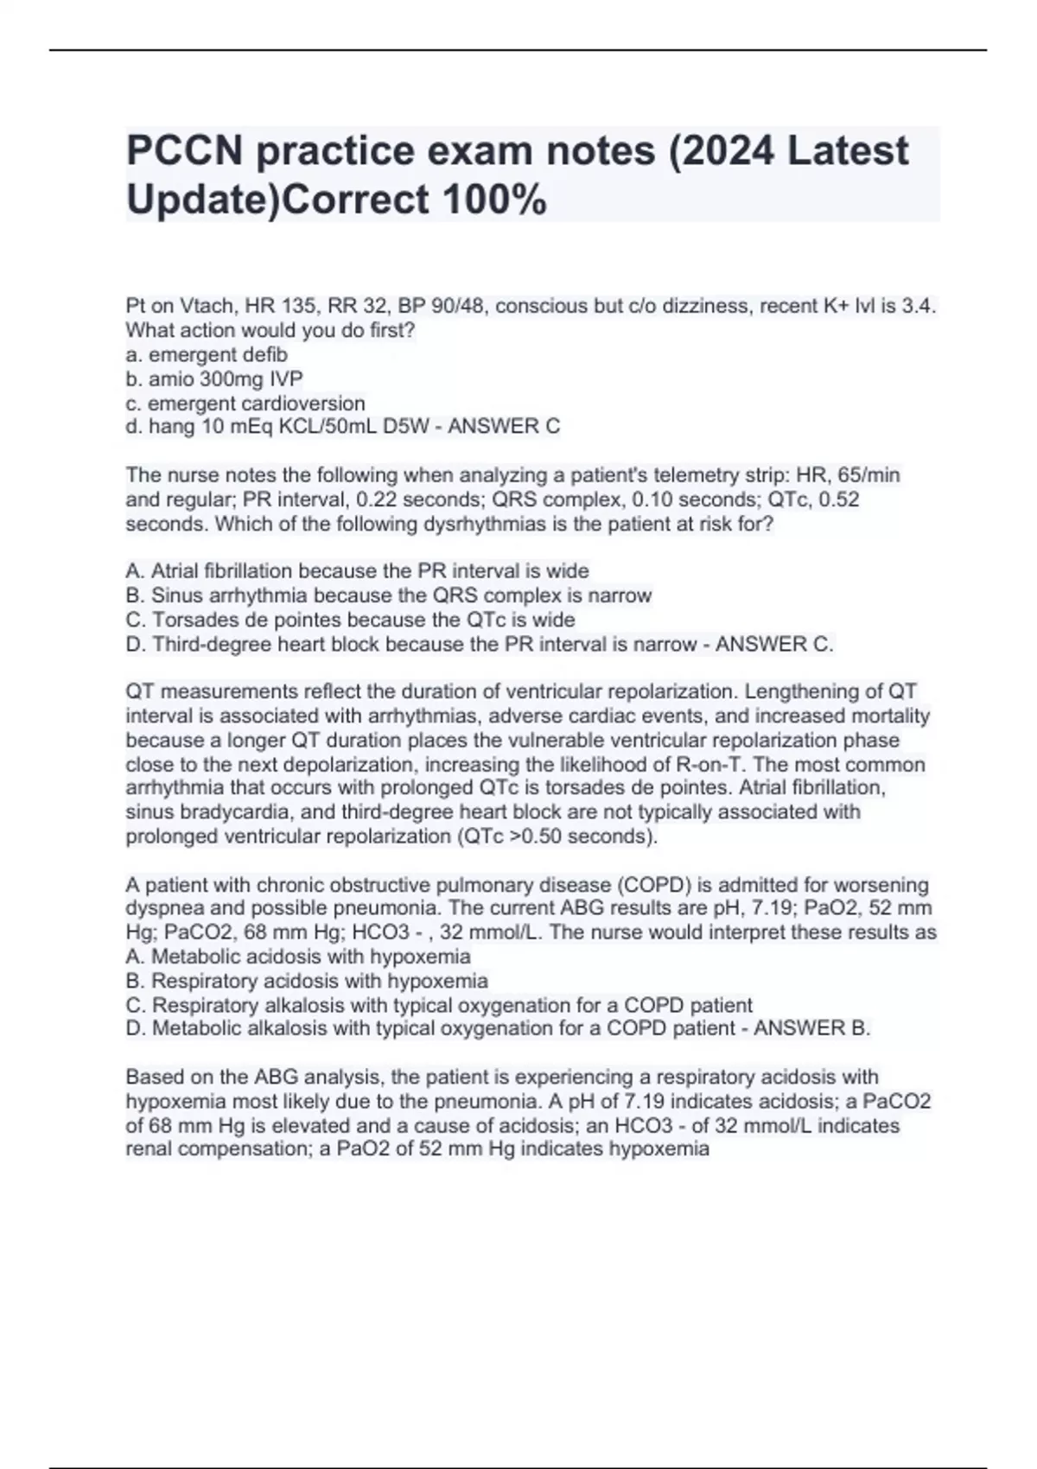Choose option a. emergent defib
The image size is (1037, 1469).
(207, 354)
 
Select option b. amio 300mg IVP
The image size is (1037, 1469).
(214, 378)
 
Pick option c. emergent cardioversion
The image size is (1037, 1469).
(245, 403)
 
